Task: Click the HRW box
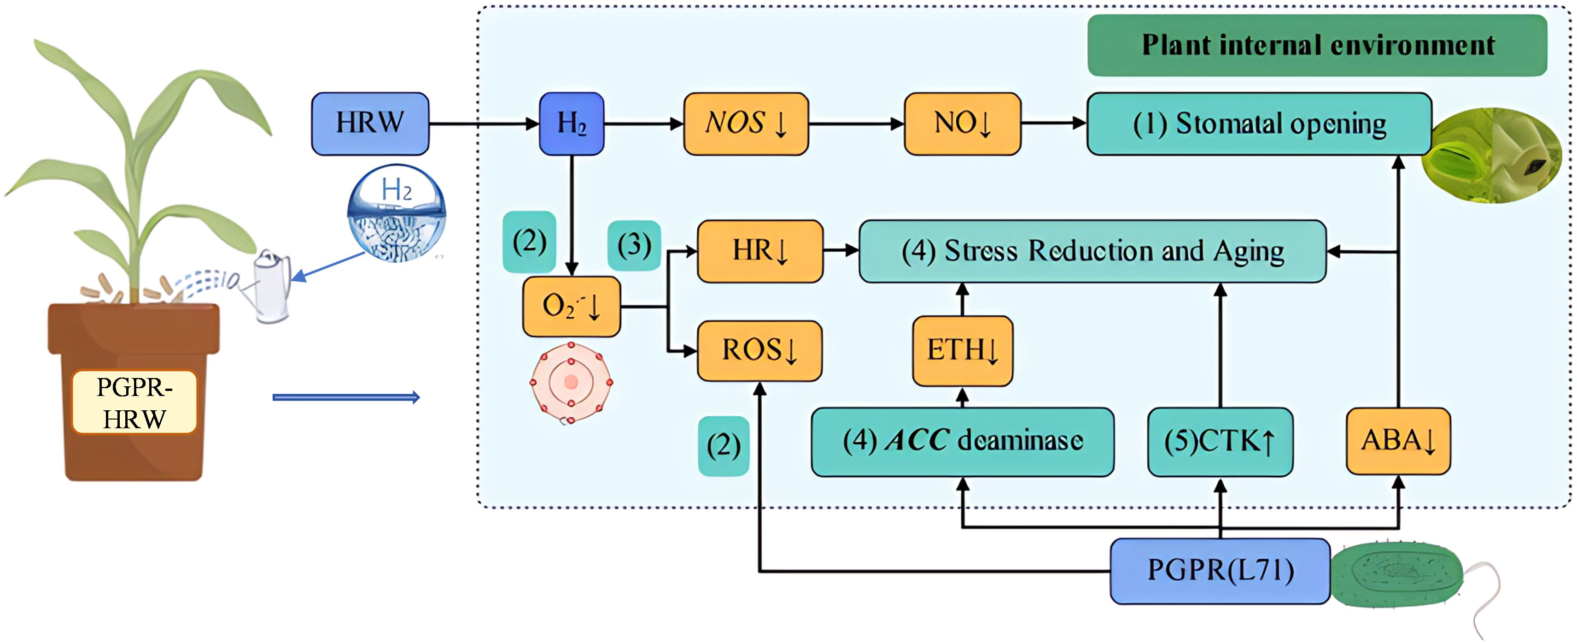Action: point(370,123)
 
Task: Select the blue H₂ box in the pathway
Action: point(571,123)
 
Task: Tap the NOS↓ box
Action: point(746,123)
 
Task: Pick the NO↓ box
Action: point(962,123)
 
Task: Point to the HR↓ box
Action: point(760,251)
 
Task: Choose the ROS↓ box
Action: point(760,350)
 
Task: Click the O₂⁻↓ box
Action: point(571,307)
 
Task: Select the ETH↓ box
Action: point(962,350)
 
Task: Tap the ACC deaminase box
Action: point(962,441)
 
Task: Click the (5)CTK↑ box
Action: point(1220,441)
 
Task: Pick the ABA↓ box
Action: point(1398,441)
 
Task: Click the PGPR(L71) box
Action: point(1220,570)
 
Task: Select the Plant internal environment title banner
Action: point(1317,45)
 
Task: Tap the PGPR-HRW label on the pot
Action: point(134,402)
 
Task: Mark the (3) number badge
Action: point(634,245)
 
